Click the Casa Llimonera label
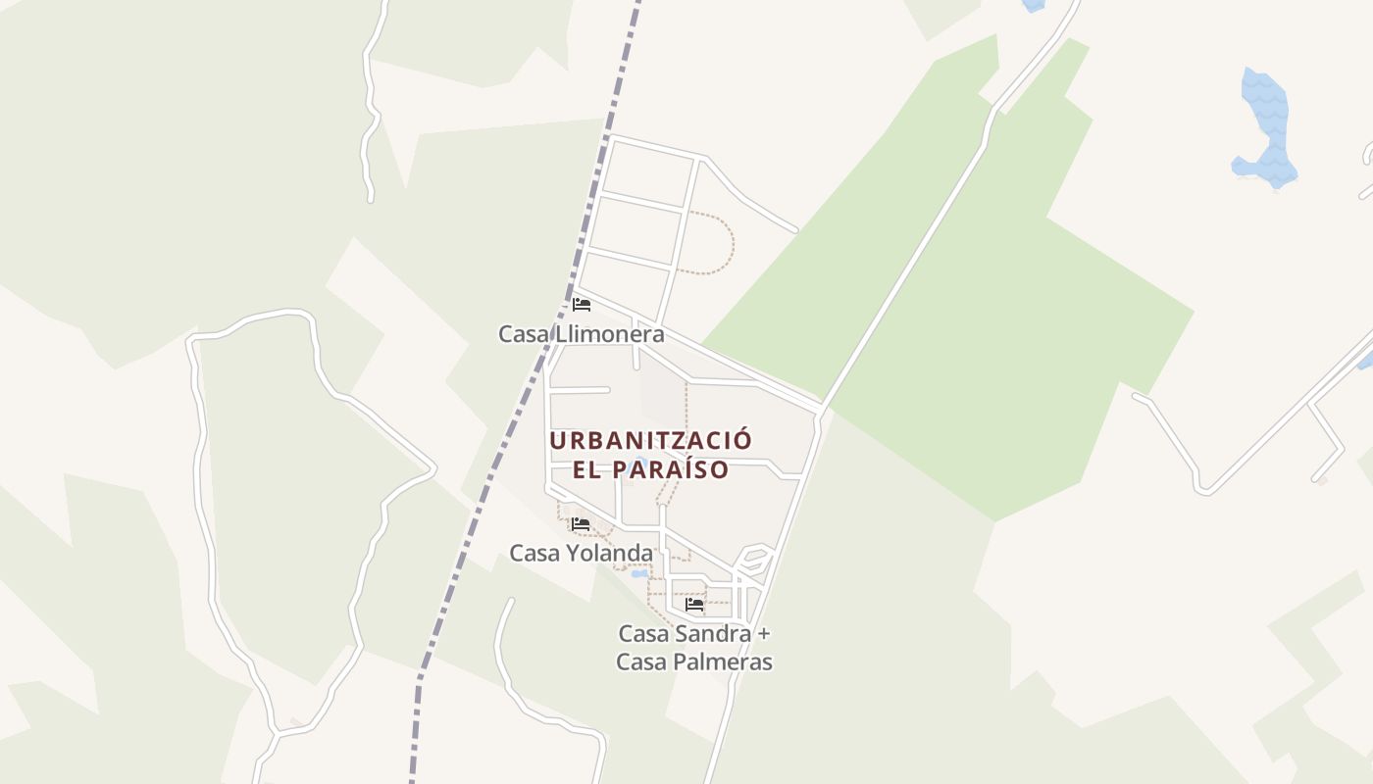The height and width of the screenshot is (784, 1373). tap(581, 334)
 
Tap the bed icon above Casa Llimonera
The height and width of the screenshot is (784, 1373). tap(582, 304)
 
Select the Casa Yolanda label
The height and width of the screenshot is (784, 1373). tap(581, 554)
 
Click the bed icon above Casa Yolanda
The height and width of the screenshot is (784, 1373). tap(581, 524)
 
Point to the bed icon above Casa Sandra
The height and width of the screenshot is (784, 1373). tap(694, 605)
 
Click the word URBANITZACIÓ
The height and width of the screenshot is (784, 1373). tap(650, 440)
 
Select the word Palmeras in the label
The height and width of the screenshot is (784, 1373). tap(722, 662)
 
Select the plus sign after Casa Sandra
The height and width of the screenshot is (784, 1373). tap(765, 634)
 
